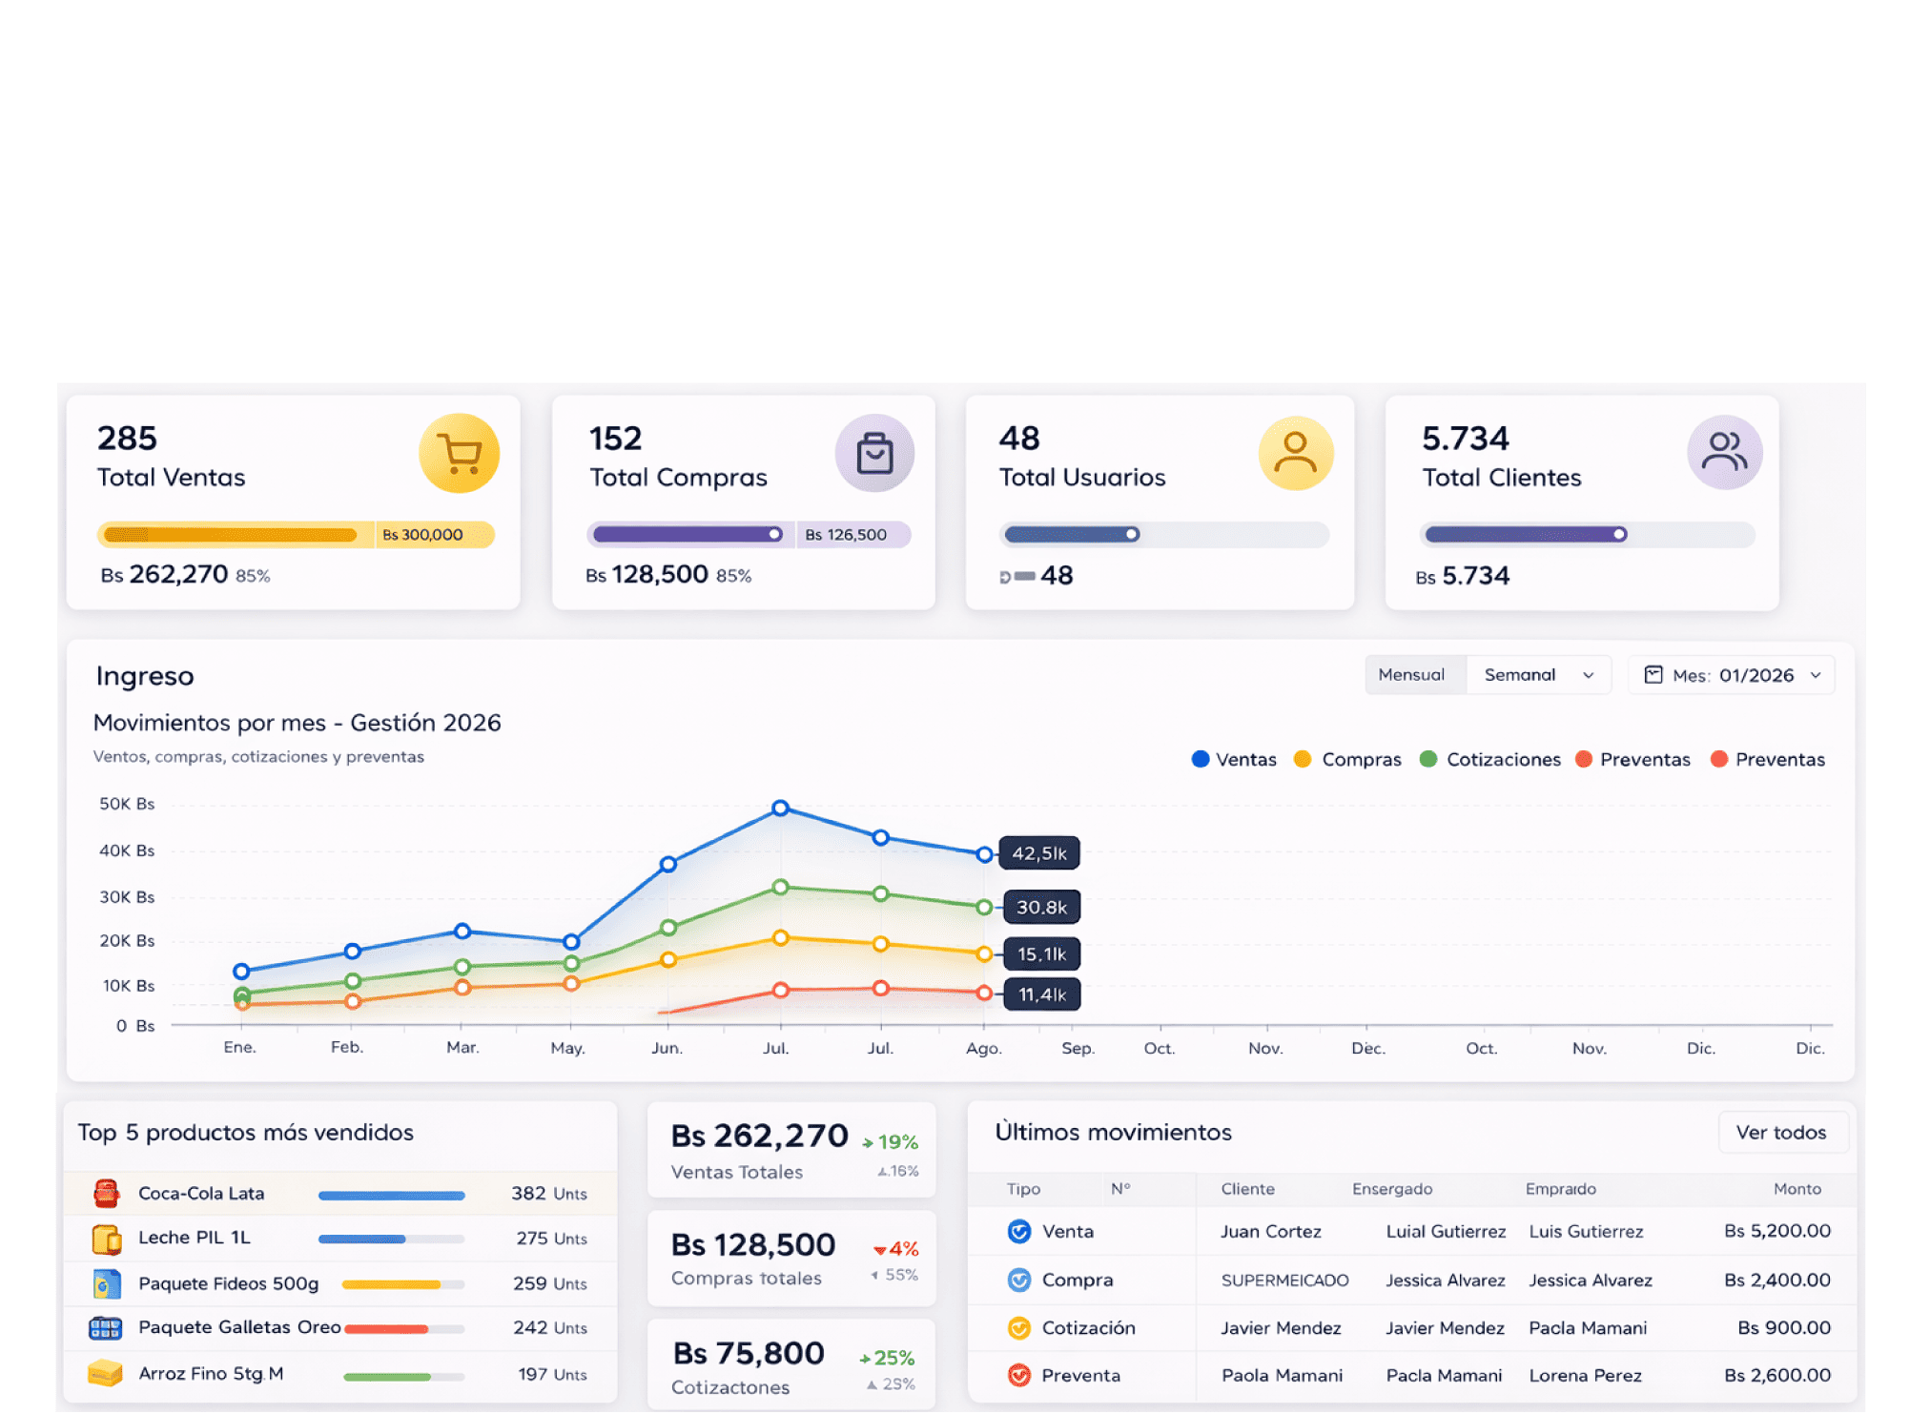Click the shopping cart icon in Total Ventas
click(x=460, y=453)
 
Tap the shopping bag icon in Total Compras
click(x=874, y=453)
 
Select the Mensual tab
click(x=1411, y=675)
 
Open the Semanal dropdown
click(x=1538, y=675)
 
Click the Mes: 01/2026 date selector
click(x=1732, y=675)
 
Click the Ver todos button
click(x=1780, y=1133)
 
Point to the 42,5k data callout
click(x=1039, y=853)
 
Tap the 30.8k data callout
click(x=1040, y=907)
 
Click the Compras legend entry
click(x=1347, y=760)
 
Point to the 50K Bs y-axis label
click(x=127, y=804)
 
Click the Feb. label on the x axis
click(x=347, y=1047)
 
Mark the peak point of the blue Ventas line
click(x=780, y=808)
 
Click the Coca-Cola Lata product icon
click(x=106, y=1194)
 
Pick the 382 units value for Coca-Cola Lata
click(x=528, y=1194)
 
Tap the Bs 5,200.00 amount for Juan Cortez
click(x=1776, y=1231)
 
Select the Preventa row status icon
click(x=1019, y=1375)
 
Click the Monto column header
click(x=1797, y=1189)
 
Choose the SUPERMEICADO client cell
click(x=1284, y=1281)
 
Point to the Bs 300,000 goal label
click(x=422, y=535)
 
